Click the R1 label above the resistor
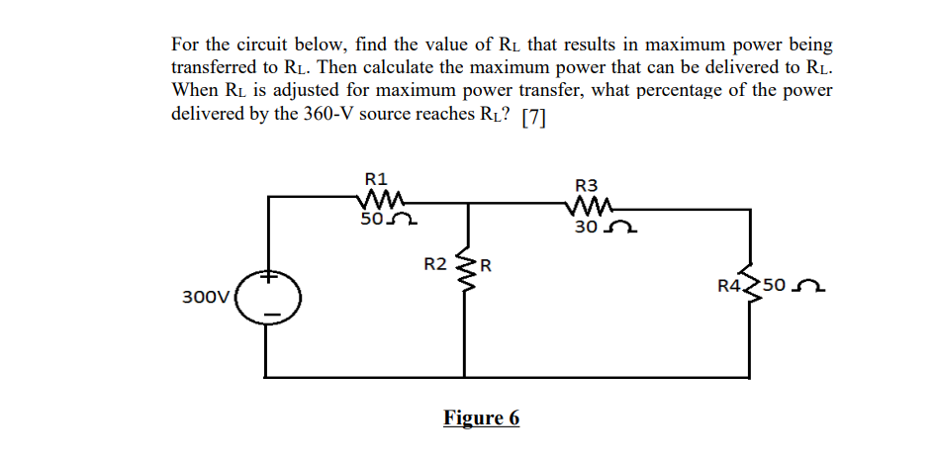pos(376,179)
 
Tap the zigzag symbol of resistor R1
pos(377,201)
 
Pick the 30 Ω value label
pos(601,228)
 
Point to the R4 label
pos(729,287)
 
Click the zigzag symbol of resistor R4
pos(749,287)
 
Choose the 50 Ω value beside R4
pos(791,287)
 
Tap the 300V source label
pos(206,296)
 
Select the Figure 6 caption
pos(481,417)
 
